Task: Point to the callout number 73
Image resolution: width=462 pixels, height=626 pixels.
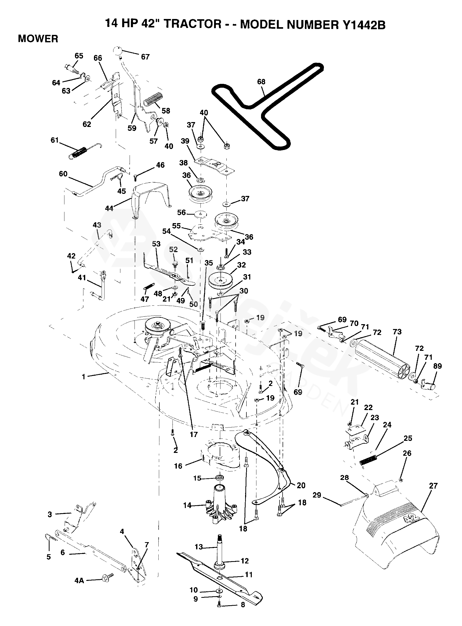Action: pos(397,332)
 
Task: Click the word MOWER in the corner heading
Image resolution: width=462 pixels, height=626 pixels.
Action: pos(38,39)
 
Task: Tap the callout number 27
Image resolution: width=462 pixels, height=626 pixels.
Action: pos(433,486)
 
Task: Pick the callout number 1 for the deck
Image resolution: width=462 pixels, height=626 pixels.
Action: pos(83,377)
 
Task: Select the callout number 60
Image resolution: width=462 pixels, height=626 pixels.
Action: pos(63,174)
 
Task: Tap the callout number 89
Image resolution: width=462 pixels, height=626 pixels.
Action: pos(437,366)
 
